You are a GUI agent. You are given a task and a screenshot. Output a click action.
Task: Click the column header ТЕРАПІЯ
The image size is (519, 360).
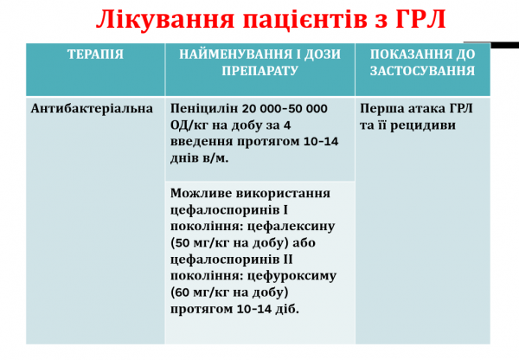pos(95,55)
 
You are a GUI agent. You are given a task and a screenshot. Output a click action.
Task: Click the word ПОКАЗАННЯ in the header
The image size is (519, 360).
pos(412,55)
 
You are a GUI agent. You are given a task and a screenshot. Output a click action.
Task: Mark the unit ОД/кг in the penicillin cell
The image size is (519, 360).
pos(191,125)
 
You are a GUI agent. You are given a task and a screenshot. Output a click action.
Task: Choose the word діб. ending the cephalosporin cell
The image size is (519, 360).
pos(288,309)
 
